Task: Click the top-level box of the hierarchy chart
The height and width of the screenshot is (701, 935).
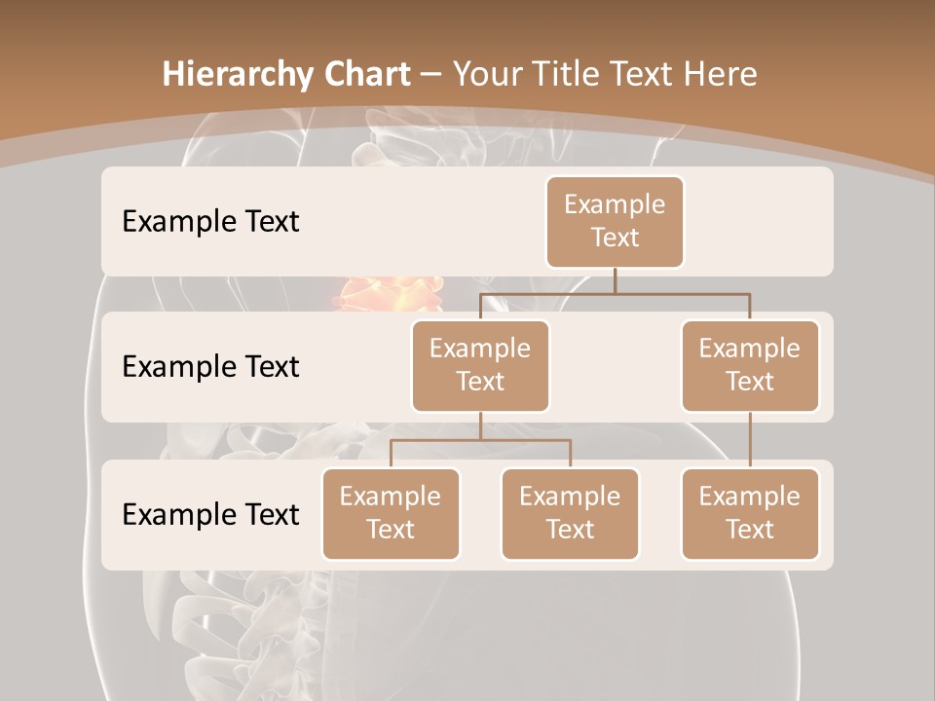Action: point(615,221)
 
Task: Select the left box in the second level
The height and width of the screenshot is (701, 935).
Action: point(480,365)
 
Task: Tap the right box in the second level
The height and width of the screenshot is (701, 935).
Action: point(750,365)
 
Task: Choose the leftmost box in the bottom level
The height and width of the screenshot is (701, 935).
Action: point(391,513)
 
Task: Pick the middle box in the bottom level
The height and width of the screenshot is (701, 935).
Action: point(570,513)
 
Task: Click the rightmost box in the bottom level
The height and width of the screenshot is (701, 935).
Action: point(750,513)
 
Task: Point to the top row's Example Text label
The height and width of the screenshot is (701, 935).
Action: point(210,221)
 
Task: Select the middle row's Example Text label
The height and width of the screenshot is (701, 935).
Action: point(210,366)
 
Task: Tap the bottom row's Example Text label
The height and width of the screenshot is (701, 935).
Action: point(210,514)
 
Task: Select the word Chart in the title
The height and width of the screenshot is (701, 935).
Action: point(363,74)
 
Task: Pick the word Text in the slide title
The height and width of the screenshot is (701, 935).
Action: point(644,74)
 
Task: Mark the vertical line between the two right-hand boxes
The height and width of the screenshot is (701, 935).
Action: point(750,439)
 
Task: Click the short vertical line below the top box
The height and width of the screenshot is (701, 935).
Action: point(615,280)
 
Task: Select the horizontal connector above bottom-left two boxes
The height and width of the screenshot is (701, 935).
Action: point(480,440)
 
